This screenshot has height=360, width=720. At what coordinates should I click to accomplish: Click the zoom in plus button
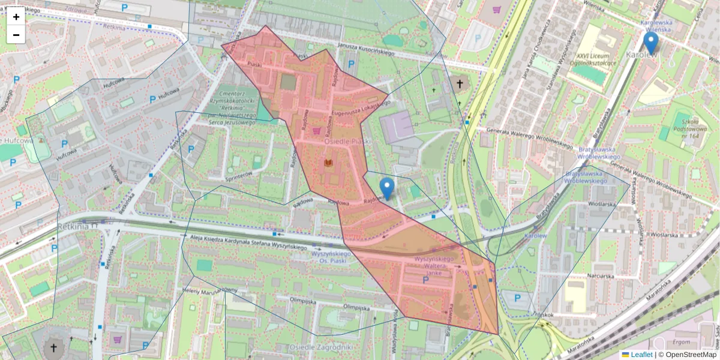pyautogui.click(x=16, y=17)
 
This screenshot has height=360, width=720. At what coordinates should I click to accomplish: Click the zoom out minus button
pyautogui.click(x=16, y=35)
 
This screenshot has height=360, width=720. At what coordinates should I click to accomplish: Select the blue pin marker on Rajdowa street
pyautogui.click(x=388, y=188)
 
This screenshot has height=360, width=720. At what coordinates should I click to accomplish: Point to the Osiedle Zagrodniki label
pyautogui.click(x=319, y=347)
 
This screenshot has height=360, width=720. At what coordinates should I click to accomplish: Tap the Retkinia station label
pyautogui.click(x=77, y=226)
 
